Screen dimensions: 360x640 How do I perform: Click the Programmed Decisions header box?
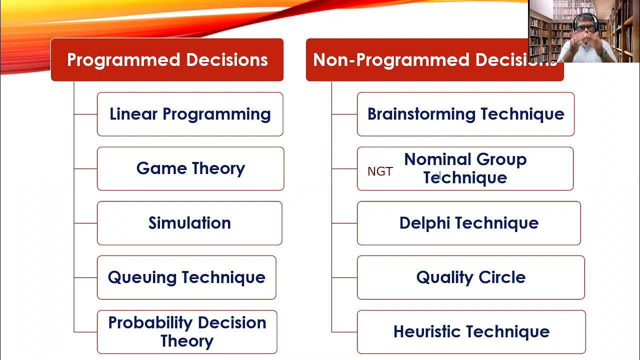pyautogui.click(x=167, y=60)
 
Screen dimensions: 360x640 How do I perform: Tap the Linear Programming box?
pyautogui.click(x=190, y=114)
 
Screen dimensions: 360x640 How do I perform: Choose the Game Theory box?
pyautogui.click(x=190, y=168)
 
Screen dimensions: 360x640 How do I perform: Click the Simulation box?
pyautogui.click(x=189, y=223)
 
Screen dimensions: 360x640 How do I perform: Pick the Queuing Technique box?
pyautogui.click(x=186, y=277)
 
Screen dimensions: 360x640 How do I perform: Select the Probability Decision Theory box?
pyautogui.click(x=187, y=332)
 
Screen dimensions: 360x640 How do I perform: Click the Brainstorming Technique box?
pyautogui.click(x=465, y=114)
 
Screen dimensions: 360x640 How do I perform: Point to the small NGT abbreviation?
pyautogui.click(x=380, y=171)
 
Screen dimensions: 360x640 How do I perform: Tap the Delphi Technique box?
pyautogui.click(x=469, y=223)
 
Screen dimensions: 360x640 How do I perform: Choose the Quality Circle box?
pyautogui.click(x=471, y=277)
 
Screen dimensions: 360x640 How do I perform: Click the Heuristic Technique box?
pyautogui.click(x=471, y=332)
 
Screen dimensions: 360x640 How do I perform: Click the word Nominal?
pyautogui.click(x=433, y=159)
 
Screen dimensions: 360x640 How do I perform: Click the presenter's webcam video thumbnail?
pyautogui.click(x=583, y=31)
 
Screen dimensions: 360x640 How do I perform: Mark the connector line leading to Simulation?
pyautogui.click(x=85, y=223)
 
